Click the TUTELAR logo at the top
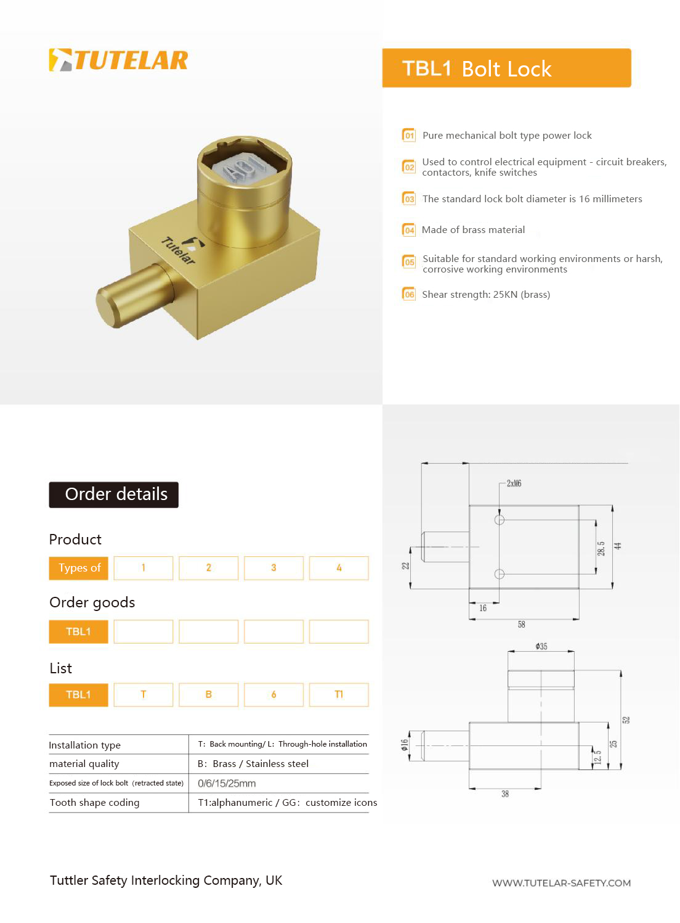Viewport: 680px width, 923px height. point(118,60)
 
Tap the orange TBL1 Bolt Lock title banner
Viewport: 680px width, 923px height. point(506,68)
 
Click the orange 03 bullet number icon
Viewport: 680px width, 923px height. point(409,199)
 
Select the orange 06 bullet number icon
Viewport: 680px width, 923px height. point(409,294)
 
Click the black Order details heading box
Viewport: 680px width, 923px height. point(113,494)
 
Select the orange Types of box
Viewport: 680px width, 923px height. point(79,568)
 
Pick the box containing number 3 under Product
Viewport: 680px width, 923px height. point(273,568)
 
